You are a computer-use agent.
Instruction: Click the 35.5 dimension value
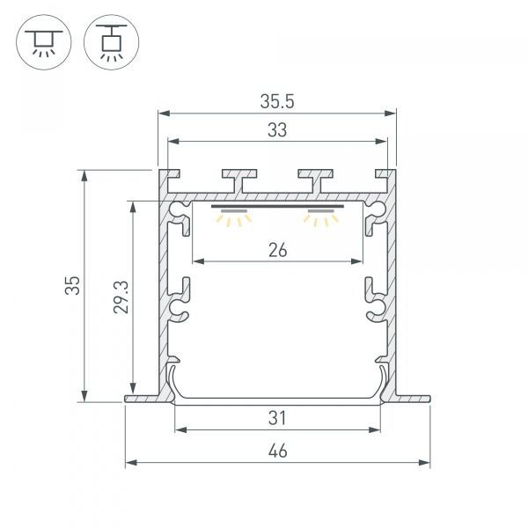click(276, 101)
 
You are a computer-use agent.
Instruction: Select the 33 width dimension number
click(276, 130)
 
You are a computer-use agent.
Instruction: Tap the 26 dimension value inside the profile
click(277, 250)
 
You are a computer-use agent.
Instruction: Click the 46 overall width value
click(277, 451)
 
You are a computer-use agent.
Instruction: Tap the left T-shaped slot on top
click(239, 179)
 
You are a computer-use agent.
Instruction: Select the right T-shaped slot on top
click(316, 179)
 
